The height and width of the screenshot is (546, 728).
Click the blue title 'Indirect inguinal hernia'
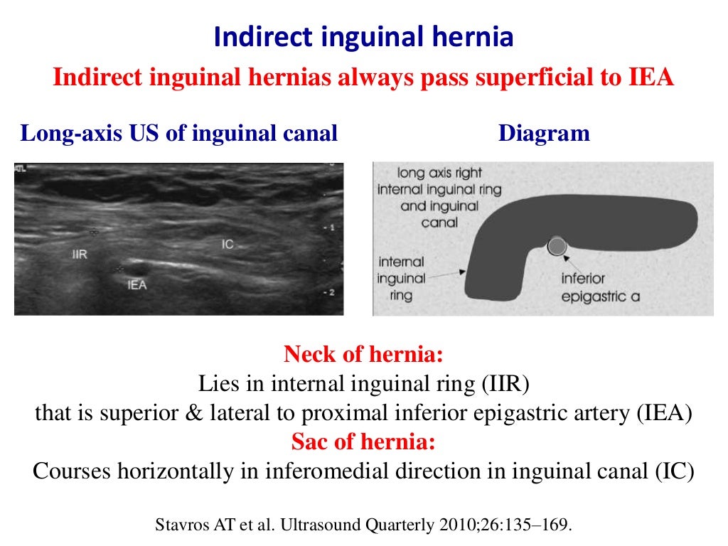[x=363, y=38]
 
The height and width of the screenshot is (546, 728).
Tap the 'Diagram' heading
[x=544, y=133]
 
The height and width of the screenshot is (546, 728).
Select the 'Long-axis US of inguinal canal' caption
[x=178, y=133]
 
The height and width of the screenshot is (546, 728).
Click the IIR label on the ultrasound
[x=80, y=254]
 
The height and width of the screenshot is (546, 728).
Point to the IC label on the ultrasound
[x=227, y=244]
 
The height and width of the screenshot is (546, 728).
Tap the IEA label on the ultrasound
[x=137, y=286]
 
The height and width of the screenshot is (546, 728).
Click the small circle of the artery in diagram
[x=557, y=247]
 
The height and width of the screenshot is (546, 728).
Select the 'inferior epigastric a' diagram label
[x=601, y=287]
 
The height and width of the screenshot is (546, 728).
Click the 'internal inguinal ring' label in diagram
[x=402, y=278]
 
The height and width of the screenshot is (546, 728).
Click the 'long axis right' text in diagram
[x=439, y=173]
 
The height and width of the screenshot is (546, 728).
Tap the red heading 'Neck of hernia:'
[x=363, y=354]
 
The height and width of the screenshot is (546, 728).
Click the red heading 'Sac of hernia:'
[x=363, y=442]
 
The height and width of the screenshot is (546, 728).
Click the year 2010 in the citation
[x=460, y=526]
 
